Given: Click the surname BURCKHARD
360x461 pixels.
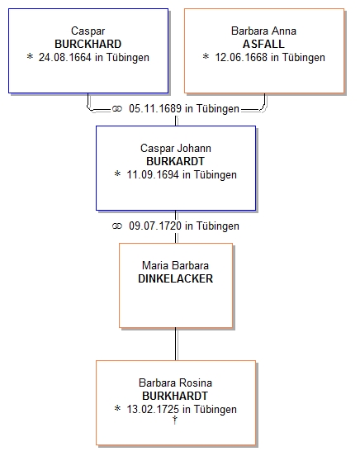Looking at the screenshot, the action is [88, 44].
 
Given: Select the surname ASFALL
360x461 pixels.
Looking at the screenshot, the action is [263, 44].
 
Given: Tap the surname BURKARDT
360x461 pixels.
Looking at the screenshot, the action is [175, 161].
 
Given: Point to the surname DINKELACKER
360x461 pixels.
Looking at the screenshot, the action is [175, 278].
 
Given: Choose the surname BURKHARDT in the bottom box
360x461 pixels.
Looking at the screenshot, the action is [175, 396].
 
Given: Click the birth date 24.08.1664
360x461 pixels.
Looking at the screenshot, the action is [65, 57].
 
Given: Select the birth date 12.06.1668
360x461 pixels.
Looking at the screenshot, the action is [241, 57].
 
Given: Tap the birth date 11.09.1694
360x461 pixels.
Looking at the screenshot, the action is [153, 174].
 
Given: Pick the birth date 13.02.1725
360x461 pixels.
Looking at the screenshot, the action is [153, 409].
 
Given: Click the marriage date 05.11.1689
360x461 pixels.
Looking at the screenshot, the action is [155, 108].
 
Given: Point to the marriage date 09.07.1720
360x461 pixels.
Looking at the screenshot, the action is [155, 226].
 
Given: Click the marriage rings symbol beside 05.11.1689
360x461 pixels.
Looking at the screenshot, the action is [117, 109].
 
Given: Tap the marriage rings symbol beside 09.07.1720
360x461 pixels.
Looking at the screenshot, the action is [117, 226].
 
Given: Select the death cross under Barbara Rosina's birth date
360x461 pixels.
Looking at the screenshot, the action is [175, 420].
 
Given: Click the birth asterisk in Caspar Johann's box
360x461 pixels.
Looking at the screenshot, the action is [117, 173].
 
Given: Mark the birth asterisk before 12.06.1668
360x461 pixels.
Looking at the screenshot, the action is [206, 56].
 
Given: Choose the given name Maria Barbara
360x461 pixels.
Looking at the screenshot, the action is [175, 266].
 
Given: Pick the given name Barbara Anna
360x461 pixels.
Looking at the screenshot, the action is [263, 31].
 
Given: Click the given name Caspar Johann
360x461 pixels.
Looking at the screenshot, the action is [176, 149].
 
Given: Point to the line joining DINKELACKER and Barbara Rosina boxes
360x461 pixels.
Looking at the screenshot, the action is [176, 344].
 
